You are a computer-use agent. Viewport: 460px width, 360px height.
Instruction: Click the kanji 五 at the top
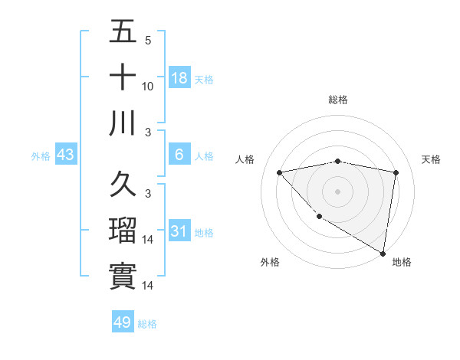coord(123,31)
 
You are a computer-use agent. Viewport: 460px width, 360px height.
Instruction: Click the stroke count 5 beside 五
coord(147,41)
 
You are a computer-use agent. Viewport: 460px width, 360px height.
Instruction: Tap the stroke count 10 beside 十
coord(148,87)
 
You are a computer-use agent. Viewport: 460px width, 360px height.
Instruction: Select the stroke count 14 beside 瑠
coord(148,240)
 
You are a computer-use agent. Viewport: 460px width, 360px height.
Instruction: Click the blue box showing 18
coord(179,77)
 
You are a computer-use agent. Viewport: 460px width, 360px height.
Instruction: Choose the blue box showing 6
coord(179,155)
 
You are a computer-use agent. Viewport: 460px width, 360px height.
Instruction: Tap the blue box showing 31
coord(179,231)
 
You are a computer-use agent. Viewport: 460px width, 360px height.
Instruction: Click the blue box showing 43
coord(66,155)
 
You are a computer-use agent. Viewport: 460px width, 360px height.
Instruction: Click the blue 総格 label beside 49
coord(147,324)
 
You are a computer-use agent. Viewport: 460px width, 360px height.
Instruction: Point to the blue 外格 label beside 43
coord(41,156)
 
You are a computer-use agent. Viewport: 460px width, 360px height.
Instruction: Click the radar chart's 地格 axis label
coord(402,262)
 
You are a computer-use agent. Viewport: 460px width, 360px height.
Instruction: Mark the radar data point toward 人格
coord(279,172)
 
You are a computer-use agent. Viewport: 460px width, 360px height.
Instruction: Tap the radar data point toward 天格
coord(396,172)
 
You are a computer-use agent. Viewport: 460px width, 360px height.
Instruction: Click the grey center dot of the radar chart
coord(337,191)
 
